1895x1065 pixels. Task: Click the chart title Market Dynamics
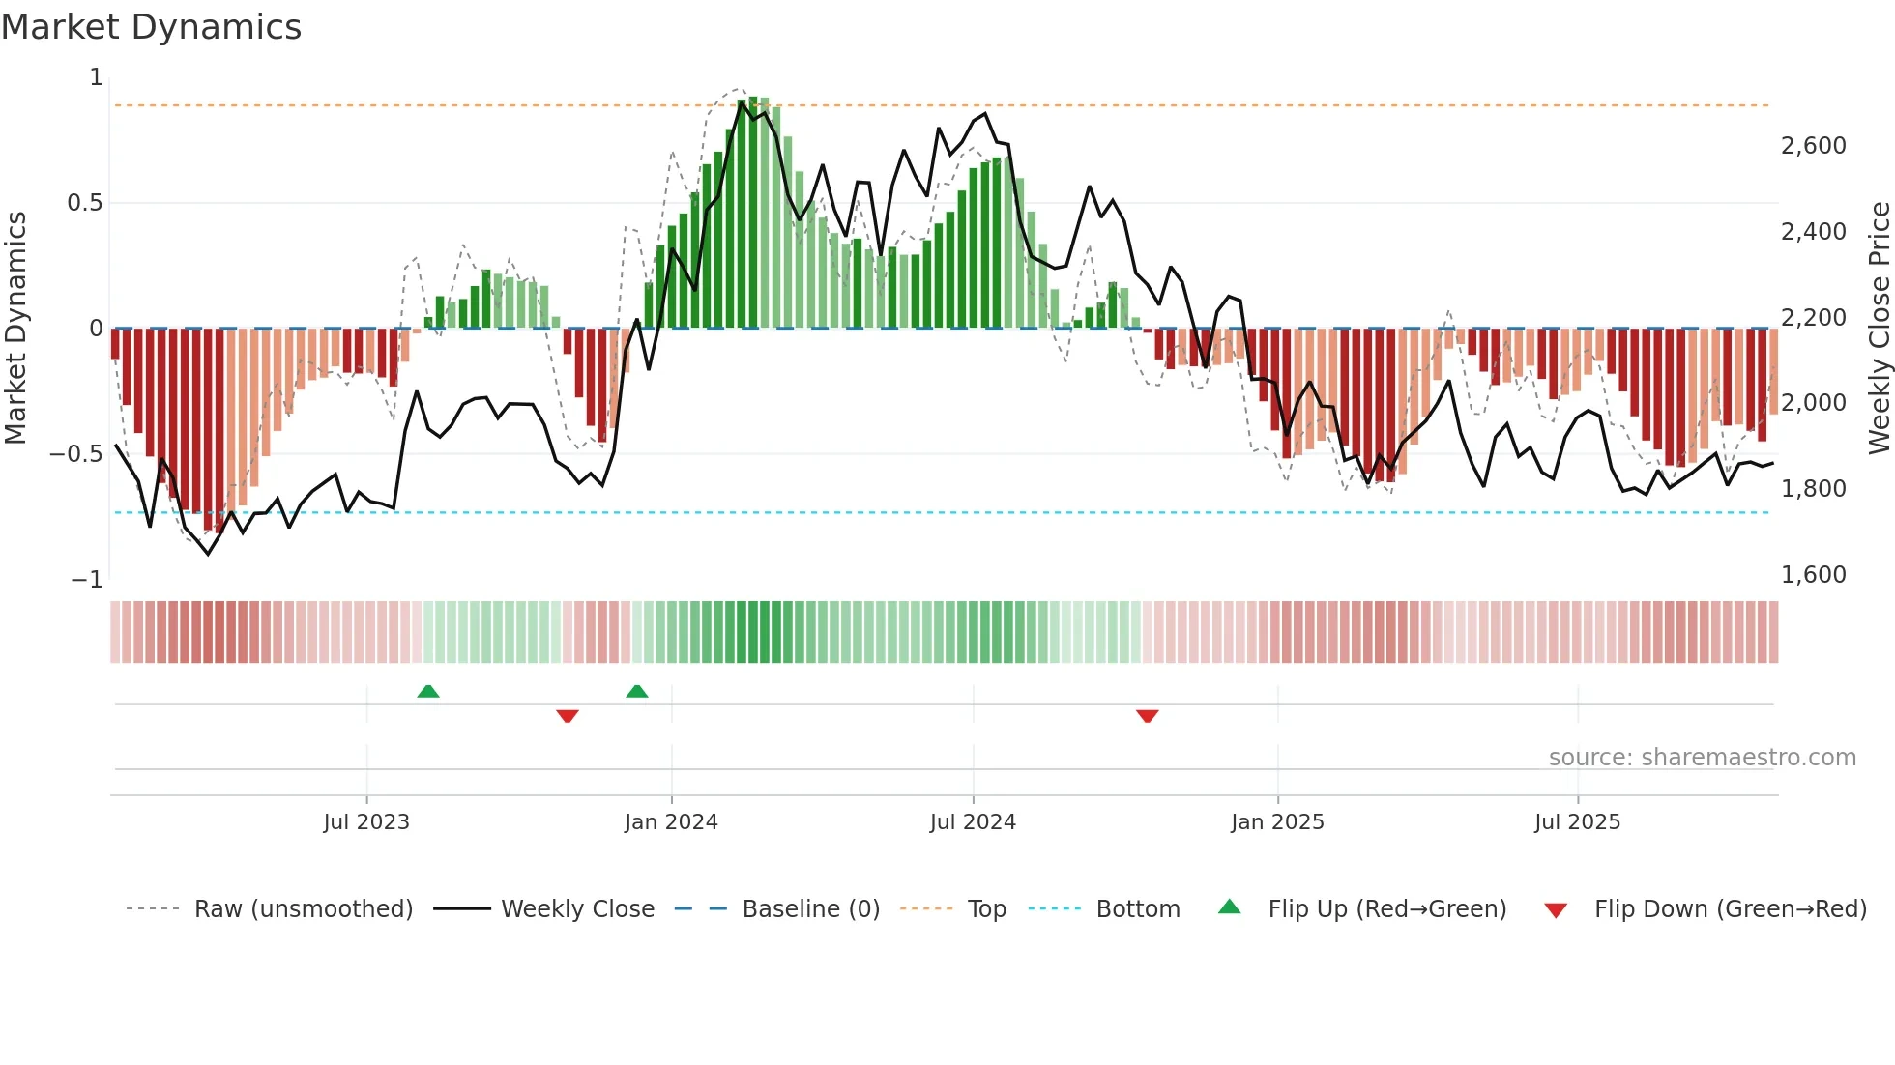click(x=151, y=27)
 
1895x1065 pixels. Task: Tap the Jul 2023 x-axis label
click(x=366, y=822)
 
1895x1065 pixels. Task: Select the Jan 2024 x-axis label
click(x=671, y=822)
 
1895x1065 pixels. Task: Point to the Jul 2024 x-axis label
click(x=973, y=822)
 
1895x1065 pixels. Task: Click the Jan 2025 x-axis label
click(x=1277, y=822)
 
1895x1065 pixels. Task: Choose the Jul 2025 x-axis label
click(x=1577, y=822)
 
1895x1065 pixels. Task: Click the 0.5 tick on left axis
click(x=84, y=203)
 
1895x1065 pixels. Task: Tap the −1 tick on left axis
click(x=87, y=580)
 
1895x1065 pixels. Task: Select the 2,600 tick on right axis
click(x=1813, y=146)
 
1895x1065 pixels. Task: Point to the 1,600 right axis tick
click(x=1813, y=575)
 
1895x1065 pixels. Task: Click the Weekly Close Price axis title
click(x=1879, y=329)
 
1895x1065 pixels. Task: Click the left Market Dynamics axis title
click(x=15, y=329)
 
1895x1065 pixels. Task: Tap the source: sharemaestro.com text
click(x=1702, y=758)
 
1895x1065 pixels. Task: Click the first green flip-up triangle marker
click(x=428, y=691)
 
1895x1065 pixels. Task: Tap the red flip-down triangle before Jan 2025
click(x=1148, y=716)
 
